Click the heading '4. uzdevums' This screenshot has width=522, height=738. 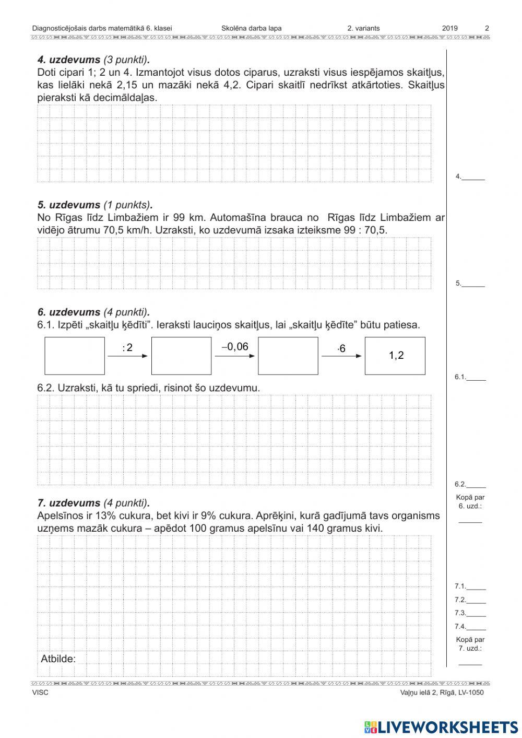tap(68, 60)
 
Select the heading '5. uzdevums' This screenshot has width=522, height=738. tap(68, 205)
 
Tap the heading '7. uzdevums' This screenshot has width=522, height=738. tap(68, 503)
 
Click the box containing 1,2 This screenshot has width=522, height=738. tap(395, 356)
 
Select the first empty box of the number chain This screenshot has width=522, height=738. tap(75, 356)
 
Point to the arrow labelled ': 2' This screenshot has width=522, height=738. tap(128, 356)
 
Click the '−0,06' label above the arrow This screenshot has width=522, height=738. tap(235, 347)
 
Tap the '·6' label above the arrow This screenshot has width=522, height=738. tap(341, 348)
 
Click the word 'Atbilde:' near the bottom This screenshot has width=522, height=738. tap(58, 659)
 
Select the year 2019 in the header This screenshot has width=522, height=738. tap(449, 28)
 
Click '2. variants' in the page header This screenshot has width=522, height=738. tap(363, 28)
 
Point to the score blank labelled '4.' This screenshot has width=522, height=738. tap(473, 177)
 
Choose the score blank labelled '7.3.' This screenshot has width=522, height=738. tap(476, 613)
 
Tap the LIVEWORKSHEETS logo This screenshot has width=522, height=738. tap(441, 727)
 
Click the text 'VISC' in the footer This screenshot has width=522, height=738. tap(40, 693)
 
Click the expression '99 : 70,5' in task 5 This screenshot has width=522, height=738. tap(365, 230)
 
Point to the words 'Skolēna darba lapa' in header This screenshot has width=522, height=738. tap(251, 28)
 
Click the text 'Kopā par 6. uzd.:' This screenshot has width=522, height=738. tap(469, 502)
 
